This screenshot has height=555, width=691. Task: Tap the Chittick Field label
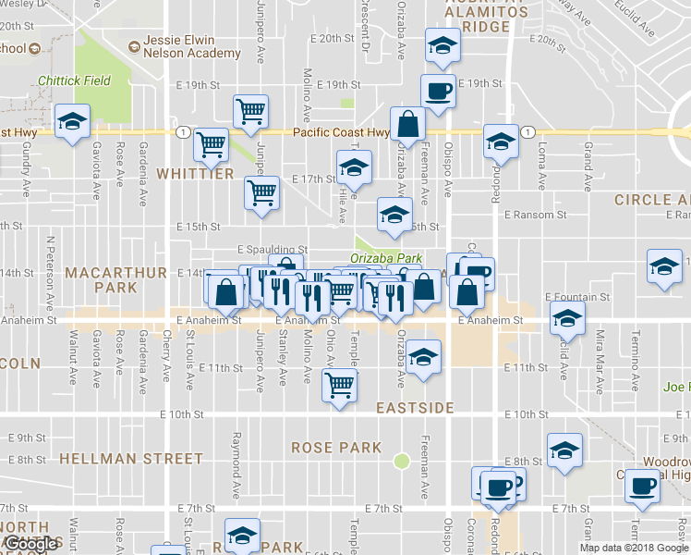pos(75,80)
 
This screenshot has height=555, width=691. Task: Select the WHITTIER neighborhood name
pos(195,174)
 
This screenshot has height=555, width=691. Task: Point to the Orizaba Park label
pos(386,258)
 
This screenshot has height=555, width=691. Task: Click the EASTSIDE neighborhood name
pos(416,407)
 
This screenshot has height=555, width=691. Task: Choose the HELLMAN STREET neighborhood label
pos(131,458)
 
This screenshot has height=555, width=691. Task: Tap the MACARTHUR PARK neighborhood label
pos(116,280)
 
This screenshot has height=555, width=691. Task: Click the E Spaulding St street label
pos(272,250)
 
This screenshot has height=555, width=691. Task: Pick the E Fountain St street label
pos(575,297)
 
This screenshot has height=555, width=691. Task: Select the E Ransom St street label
pos(536,215)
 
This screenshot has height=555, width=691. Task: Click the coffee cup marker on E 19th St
pos(437,91)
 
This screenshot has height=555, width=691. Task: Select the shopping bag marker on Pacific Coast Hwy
pos(407,123)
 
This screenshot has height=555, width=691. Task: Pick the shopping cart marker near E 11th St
pos(339,384)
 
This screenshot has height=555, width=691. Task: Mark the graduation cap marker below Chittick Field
pos(71,122)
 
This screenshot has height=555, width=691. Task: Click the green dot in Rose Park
pos(401,461)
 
